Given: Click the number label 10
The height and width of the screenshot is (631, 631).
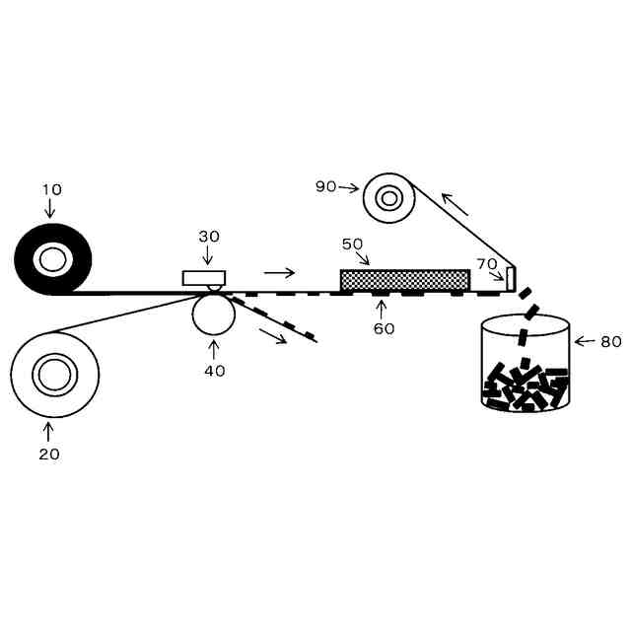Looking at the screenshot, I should (50, 188).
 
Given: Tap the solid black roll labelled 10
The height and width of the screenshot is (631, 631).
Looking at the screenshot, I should (52, 260).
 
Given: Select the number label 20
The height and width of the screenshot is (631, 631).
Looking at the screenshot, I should (48, 454).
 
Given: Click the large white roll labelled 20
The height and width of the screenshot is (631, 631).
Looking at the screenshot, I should (54, 376).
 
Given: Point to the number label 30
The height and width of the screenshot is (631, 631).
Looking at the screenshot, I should (209, 237).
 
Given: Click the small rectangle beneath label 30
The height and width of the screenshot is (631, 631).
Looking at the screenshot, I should (204, 278).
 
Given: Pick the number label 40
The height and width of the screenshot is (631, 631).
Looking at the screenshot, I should (214, 371).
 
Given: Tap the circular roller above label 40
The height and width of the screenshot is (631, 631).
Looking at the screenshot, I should (213, 314).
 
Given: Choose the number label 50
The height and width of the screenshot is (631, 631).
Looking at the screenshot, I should (353, 244).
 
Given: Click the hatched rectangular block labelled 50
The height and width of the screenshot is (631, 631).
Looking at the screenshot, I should (404, 280).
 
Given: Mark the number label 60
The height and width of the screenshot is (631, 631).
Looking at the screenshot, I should (384, 328).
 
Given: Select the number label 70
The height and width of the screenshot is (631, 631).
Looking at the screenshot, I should (487, 263).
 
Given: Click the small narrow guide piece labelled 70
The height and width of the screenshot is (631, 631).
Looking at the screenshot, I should (511, 278).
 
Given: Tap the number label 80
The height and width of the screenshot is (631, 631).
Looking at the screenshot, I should (610, 342).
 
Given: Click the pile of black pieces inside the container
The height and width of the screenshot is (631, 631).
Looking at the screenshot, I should (526, 387).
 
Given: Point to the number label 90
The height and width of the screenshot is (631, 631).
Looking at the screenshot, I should (326, 186).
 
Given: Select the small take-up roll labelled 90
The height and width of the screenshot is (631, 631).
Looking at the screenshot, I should (388, 198).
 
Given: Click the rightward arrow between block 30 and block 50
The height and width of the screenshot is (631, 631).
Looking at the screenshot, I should (279, 272).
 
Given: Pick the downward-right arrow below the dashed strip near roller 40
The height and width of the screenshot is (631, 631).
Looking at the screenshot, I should (273, 336).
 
